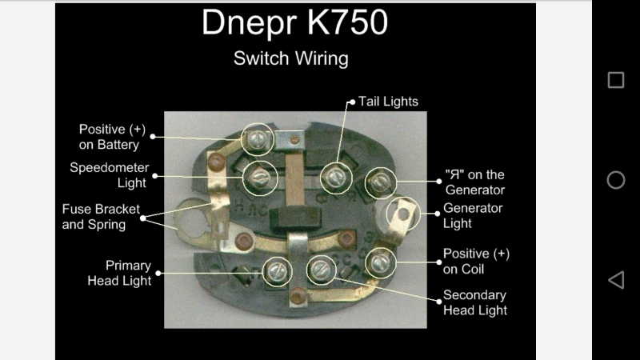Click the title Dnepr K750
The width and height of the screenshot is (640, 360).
[294, 24]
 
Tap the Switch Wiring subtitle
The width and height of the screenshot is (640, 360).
[290, 59]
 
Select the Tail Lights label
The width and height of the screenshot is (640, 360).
[387, 102]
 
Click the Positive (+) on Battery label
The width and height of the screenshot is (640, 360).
[109, 137]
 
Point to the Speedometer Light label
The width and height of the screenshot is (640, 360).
[108, 175]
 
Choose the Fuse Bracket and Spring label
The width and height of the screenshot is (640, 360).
[94, 217]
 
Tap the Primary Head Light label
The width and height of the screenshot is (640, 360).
[118, 273]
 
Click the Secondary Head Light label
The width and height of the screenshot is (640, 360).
[474, 302]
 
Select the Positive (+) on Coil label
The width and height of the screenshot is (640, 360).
[476, 262]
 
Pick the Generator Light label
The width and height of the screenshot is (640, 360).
[474, 216]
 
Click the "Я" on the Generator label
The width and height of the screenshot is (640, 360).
[475, 182]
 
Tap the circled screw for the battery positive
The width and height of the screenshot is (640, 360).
[257, 139]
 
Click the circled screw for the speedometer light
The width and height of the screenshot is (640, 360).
[259, 177]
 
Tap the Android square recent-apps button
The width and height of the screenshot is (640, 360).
[616, 80]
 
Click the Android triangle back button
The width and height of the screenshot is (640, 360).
[616, 280]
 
